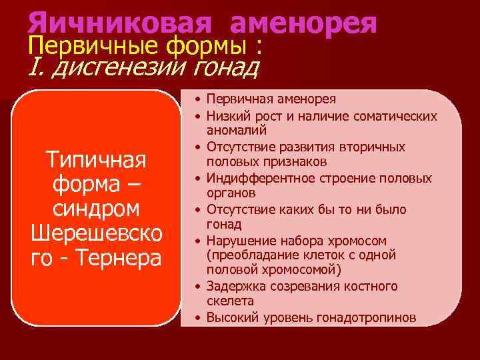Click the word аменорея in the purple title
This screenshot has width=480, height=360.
[x=304, y=23]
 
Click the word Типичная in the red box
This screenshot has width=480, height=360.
[x=96, y=161]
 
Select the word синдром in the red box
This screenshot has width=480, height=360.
[x=96, y=208]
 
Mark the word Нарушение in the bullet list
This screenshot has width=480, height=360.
[x=237, y=240]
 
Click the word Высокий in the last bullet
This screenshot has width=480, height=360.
[x=230, y=317]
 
